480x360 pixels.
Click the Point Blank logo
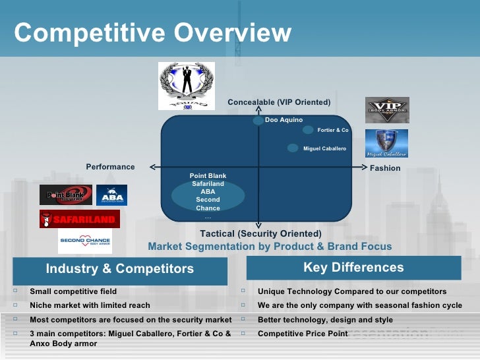65,195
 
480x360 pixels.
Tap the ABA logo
111,195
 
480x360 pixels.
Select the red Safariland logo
79,219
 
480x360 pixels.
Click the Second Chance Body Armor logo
85,241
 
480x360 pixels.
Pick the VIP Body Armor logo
387,110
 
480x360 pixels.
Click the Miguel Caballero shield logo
386,143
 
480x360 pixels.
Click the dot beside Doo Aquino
258,121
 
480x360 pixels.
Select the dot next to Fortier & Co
308,130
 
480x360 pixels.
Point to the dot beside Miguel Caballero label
293,148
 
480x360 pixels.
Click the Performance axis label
110,167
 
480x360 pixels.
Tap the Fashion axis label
385,168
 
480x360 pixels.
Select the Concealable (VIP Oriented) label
279,102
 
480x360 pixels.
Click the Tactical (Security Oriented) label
260,234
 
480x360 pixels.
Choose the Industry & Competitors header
120,269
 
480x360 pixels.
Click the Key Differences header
353,268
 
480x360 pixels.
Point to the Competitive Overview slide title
152,32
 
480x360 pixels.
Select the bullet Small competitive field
73,291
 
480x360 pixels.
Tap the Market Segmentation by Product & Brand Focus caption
270,247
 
